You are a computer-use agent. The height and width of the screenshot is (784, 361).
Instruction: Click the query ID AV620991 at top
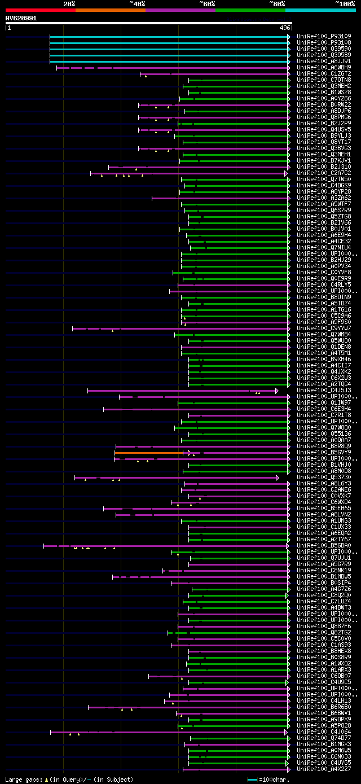(21, 18)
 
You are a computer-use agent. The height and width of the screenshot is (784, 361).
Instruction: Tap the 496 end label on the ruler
(284, 28)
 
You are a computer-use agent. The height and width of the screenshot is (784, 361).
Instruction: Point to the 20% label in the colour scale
(69, 3)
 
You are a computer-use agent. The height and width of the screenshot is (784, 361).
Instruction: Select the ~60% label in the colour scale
(207, 3)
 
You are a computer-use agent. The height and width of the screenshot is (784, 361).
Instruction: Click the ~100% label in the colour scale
(345, 3)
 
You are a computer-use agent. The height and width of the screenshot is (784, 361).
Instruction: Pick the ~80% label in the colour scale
(277, 3)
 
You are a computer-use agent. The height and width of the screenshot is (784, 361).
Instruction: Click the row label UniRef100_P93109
(324, 37)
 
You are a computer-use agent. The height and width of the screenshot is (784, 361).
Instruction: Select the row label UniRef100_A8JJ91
(324, 62)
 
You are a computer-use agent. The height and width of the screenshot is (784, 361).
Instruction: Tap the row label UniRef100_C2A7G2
(324, 173)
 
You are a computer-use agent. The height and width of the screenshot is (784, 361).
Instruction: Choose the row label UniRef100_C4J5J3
(324, 391)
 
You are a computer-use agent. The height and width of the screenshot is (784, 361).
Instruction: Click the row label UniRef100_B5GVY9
(324, 453)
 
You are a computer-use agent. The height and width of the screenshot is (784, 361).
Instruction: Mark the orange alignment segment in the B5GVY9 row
(151, 453)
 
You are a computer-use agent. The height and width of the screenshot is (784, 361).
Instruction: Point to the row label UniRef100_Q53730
(324, 478)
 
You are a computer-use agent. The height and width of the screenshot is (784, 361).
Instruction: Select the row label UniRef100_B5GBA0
(324, 546)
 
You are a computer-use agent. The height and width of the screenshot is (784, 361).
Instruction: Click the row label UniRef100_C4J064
(324, 732)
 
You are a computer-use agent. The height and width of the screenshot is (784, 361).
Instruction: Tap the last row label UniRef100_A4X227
(324, 769)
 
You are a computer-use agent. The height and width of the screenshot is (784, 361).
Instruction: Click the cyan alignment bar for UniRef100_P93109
(169, 37)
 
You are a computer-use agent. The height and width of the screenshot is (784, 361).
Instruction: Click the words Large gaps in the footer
(23, 779)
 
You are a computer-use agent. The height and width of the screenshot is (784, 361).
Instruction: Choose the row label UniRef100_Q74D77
(324, 738)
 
